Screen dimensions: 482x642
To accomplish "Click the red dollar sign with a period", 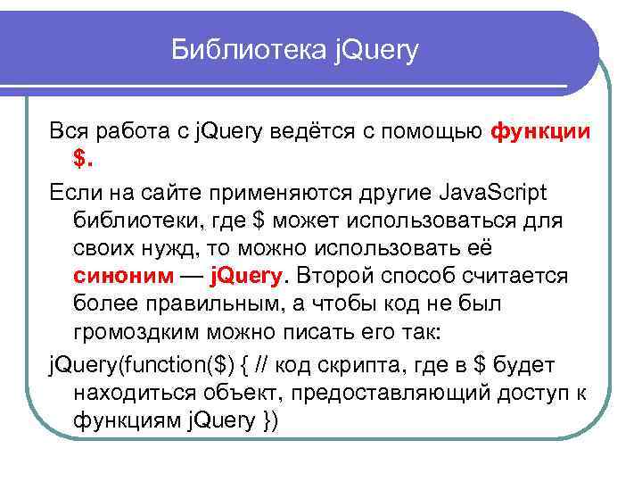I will click(83, 159).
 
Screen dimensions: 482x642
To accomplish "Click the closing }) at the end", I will click(267, 420).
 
